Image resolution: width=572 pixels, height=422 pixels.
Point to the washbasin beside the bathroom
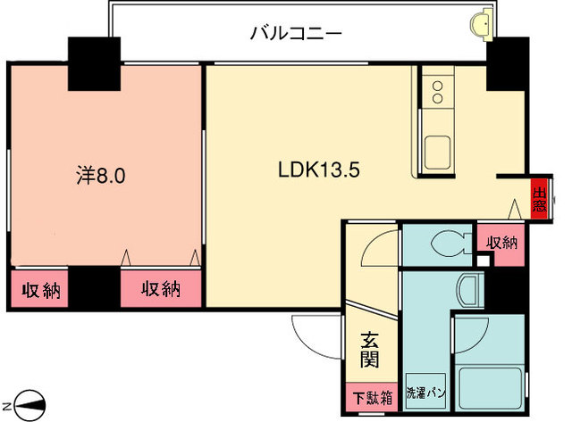[x=467, y=289]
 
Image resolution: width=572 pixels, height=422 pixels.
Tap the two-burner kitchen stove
[x=439, y=90]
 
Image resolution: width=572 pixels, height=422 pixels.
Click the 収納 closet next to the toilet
[x=500, y=243]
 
